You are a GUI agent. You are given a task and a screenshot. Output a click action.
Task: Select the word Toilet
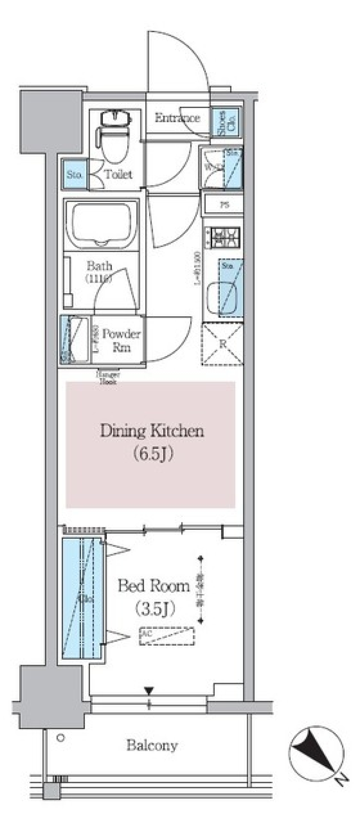(118, 174)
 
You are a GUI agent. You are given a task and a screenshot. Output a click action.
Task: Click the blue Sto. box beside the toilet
(74, 175)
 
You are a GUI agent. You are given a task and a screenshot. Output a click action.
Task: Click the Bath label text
(99, 267)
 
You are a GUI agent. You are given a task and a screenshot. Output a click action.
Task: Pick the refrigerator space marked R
(222, 344)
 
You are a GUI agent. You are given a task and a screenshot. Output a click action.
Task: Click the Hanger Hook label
(108, 378)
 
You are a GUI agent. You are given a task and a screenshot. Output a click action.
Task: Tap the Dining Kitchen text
(152, 431)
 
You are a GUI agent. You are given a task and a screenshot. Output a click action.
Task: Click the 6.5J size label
(152, 454)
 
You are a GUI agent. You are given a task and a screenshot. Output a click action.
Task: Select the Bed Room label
(154, 586)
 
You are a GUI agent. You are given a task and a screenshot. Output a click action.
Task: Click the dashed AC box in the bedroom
(167, 636)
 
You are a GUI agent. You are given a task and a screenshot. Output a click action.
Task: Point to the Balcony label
(152, 745)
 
